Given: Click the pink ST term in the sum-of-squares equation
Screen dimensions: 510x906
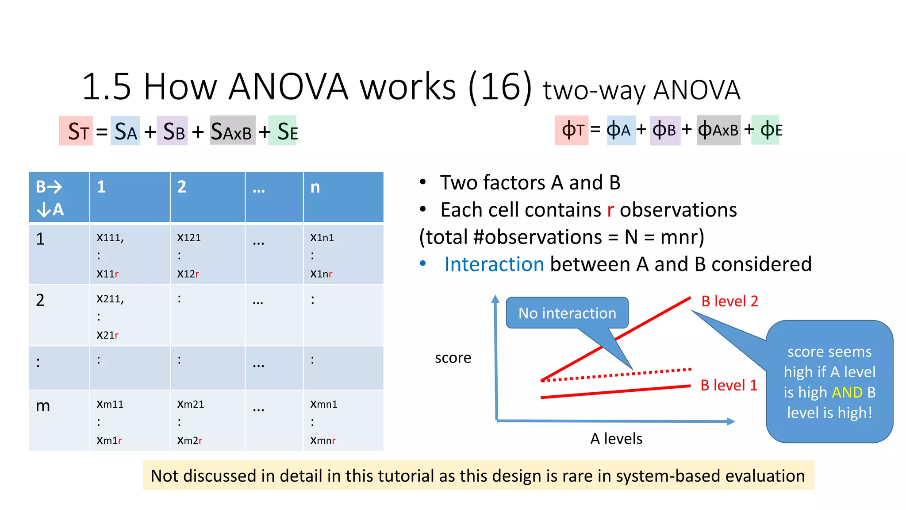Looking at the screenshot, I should (x=76, y=131).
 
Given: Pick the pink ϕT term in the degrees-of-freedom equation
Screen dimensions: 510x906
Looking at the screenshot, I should (x=572, y=130).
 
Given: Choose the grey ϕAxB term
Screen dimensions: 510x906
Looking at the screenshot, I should (x=718, y=130).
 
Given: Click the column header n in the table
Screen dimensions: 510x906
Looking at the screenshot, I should (x=315, y=187).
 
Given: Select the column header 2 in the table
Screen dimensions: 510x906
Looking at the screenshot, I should (x=182, y=187).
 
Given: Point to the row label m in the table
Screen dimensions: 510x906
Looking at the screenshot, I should (x=43, y=406).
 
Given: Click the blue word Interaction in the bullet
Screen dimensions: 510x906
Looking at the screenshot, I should (x=494, y=264).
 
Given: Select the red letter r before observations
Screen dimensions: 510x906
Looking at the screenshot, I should (x=610, y=210).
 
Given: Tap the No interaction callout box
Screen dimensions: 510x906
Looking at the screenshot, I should (x=567, y=313).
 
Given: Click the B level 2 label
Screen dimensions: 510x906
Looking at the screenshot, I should (x=729, y=301).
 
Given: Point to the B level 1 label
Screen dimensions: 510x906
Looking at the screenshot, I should (x=729, y=385).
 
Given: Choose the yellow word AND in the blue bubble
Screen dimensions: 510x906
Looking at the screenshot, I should (x=847, y=392).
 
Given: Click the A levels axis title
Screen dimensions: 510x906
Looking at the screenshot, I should (x=616, y=439).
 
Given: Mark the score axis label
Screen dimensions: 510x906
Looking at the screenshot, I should (x=453, y=358).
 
